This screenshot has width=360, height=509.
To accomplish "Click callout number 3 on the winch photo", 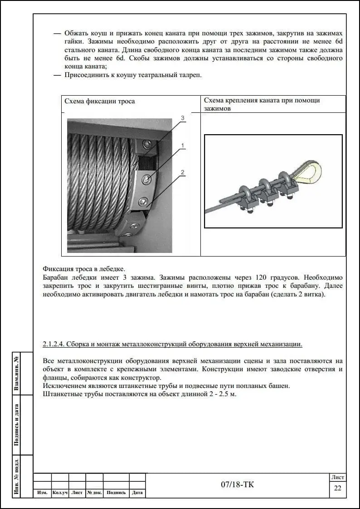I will pos(182,118).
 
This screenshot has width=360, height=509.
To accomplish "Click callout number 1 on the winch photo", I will pos(182,145).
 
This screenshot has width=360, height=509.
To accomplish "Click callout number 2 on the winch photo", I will pos(182,172).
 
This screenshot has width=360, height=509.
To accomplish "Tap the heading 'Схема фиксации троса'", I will pos(100,101).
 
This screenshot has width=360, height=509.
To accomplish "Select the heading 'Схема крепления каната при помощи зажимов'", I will pos(262,104).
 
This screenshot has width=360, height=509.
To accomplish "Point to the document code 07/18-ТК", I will pos(238,485).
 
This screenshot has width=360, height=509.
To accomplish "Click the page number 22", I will pos(337,488).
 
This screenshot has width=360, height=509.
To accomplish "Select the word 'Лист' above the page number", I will pos(338,477).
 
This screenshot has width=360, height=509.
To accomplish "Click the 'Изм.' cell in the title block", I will pos(42,493).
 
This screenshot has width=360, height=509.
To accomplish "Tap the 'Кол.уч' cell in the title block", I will pos(60,493).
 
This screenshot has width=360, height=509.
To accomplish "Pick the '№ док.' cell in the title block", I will pos(94,493).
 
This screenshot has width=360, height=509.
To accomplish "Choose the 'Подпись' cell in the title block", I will pos(116,493).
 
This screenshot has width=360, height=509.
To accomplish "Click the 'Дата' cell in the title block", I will pos(137,493).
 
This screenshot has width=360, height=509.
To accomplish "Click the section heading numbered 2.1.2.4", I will pos(172,344).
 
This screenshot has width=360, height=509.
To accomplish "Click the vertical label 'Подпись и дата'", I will pos(17,425).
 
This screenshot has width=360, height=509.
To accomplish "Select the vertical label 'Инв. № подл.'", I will pos(17,476).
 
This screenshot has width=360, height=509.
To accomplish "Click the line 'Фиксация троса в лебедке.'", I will pos(83,268).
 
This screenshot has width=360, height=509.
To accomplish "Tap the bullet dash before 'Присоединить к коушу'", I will pos(57,75).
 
